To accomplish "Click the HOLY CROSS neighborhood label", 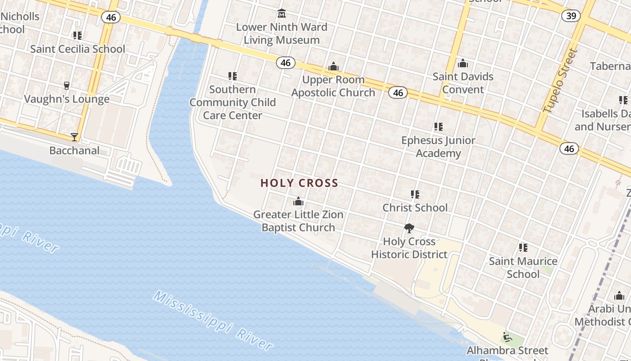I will click(299, 183).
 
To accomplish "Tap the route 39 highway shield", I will click(571, 16).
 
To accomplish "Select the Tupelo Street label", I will click(561, 81).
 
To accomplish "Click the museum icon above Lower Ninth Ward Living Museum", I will click(282, 13).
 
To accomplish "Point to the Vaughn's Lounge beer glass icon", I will click(67, 85).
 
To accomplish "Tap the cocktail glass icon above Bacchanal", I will click(74, 137).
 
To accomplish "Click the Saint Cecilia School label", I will click(78, 49).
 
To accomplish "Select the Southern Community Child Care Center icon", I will click(233, 76).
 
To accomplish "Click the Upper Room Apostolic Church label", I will click(333, 86).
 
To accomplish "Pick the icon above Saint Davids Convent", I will click(463, 64).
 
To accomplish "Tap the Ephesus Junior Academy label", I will click(438, 147).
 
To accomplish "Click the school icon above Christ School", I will click(415, 194).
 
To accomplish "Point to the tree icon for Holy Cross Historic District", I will click(409, 228).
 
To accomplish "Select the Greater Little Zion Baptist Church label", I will click(298, 221).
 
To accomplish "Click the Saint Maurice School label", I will click(523, 268).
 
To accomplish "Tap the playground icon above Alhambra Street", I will click(507, 337).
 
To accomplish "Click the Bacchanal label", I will click(74, 150).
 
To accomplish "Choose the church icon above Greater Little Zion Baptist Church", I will click(298, 201).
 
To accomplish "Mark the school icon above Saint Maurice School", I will click(523, 247).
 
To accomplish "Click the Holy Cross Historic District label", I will click(409, 248).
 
